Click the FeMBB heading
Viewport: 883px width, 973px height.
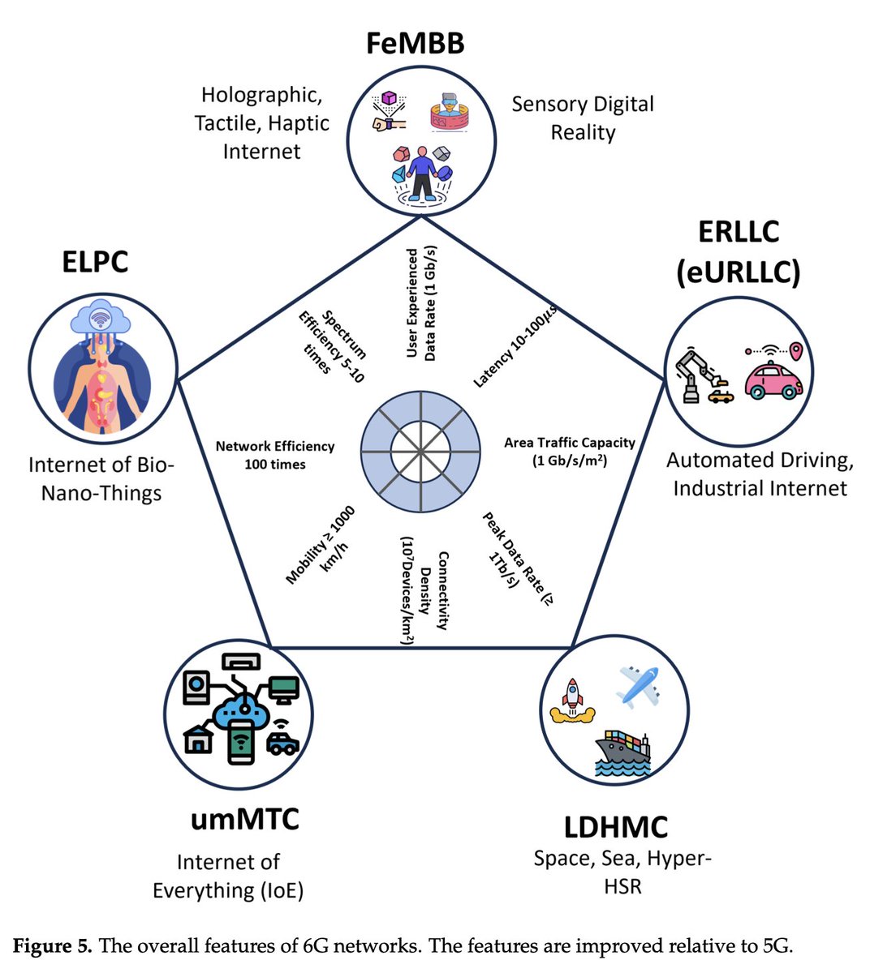(x=415, y=42)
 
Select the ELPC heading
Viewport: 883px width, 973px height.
(x=95, y=262)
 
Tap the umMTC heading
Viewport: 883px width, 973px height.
(x=244, y=818)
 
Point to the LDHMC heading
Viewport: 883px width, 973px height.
(x=616, y=827)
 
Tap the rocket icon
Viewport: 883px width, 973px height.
(x=572, y=701)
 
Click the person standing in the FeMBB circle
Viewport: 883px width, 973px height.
(x=421, y=174)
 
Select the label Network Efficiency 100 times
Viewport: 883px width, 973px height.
(x=275, y=455)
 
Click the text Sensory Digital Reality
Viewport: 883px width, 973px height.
(x=582, y=118)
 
